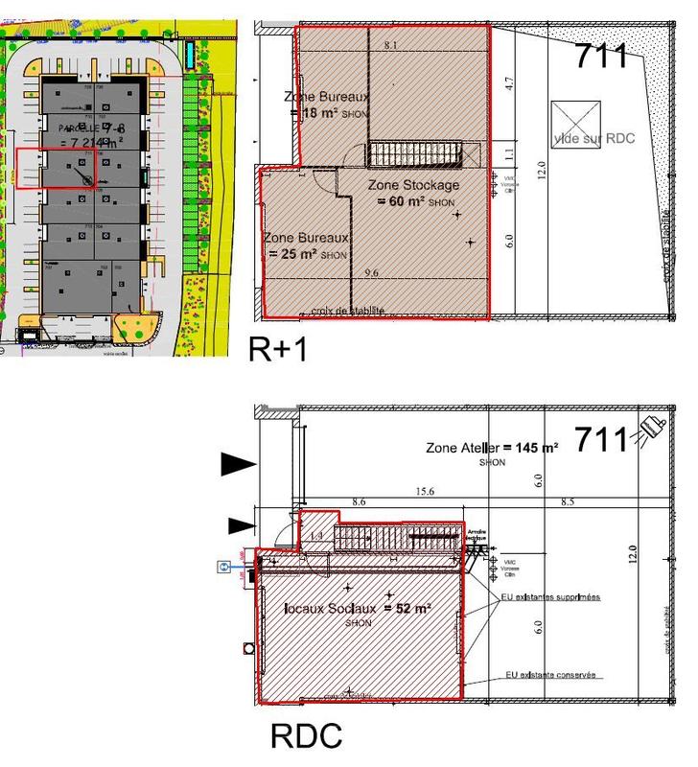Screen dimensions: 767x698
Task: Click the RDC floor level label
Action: coord(306,736)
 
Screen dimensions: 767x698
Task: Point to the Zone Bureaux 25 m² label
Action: coord(307,245)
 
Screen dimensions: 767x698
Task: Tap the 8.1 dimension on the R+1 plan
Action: coord(390,46)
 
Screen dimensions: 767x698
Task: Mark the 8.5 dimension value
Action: coord(567,500)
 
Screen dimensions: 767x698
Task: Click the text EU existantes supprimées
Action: coord(550,596)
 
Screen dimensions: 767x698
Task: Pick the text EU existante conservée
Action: coord(550,675)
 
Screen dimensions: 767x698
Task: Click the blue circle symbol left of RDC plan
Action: coord(223,567)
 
